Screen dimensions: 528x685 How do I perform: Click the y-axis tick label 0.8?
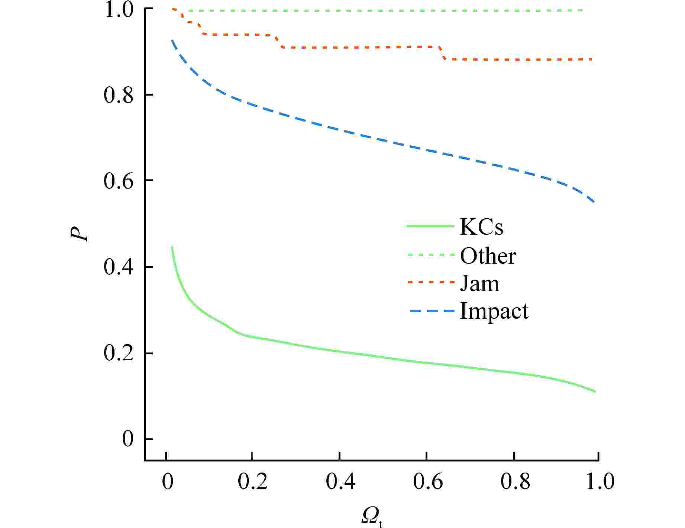118,95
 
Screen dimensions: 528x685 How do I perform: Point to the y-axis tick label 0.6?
118,181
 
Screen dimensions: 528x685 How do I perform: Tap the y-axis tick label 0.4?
118,267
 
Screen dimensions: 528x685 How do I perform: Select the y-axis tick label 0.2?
118,354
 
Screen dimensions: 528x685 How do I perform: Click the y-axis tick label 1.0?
118,10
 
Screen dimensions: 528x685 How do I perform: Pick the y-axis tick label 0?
127,440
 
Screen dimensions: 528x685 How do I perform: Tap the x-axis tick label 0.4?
340,482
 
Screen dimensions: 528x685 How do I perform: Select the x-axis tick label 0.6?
428,482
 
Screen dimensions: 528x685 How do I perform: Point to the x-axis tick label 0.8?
515,482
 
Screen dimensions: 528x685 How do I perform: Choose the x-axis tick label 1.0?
600,482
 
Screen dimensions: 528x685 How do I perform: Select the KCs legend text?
482,227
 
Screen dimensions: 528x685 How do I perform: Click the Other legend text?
488,255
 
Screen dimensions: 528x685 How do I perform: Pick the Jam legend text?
479,283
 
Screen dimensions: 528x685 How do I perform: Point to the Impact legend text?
494,311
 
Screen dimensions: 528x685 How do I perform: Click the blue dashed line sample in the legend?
432,310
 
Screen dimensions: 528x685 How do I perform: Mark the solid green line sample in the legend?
430,226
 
